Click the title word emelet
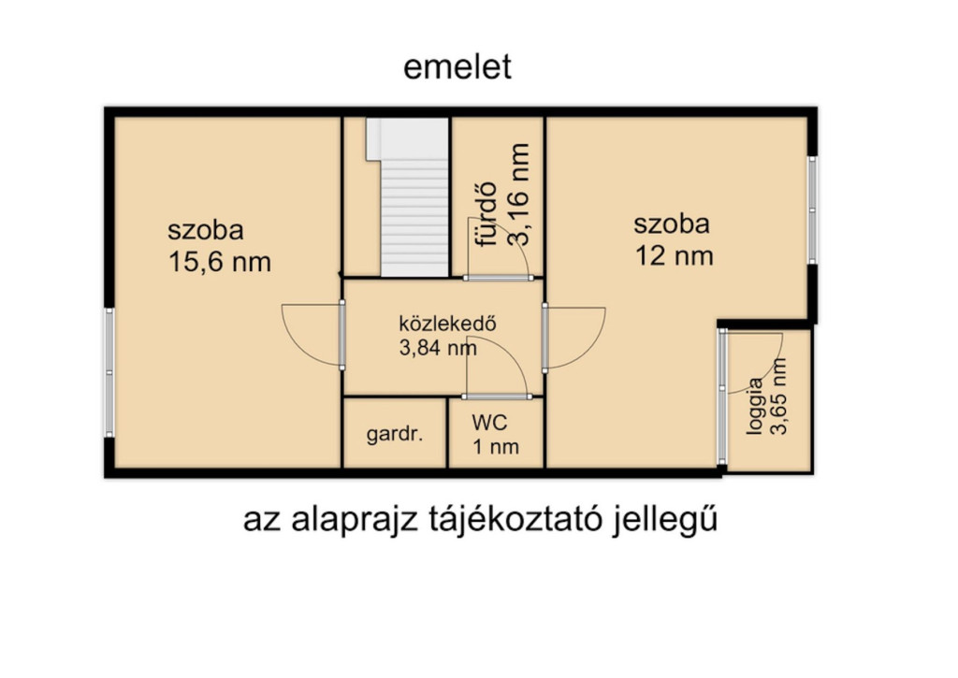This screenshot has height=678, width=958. click(457, 66)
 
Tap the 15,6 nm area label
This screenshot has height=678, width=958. click(219, 262)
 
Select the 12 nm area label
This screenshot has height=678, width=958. click(674, 256)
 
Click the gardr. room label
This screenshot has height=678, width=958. click(395, 434)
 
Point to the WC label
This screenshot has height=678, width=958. click(489, 422)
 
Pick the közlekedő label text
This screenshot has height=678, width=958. click(447, 324)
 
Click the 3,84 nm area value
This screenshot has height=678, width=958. click(438, 348)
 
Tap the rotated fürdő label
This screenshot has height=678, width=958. click(486, 214)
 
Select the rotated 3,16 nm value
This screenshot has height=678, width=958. click(518, 195)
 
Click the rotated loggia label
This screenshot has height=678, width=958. click(755, 406)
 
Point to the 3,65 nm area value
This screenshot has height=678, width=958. click(778, 396)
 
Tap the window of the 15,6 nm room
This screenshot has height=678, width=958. click(109, 372)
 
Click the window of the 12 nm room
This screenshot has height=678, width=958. click(812, 210)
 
